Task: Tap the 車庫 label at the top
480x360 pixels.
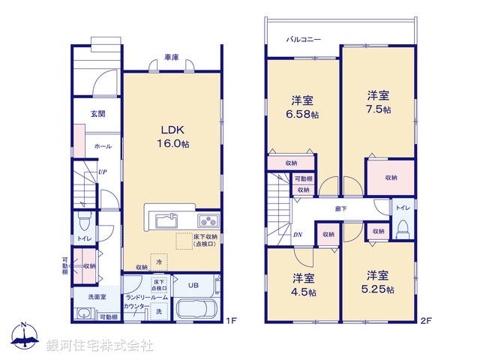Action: coord(172,57)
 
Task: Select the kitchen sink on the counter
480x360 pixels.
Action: coord(164,220)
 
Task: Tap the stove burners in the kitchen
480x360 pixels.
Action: coord(208,220)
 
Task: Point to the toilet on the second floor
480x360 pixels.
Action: coord(403,226)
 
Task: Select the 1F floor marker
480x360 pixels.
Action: coord(231,321)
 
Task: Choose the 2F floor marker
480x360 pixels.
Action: coord(426,321)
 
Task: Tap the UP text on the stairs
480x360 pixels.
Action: coord(101,172)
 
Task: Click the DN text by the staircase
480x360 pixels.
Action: coord(298,234)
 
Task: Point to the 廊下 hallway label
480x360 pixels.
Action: coord(340,208)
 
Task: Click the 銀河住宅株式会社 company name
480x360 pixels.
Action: coord(100,346)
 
